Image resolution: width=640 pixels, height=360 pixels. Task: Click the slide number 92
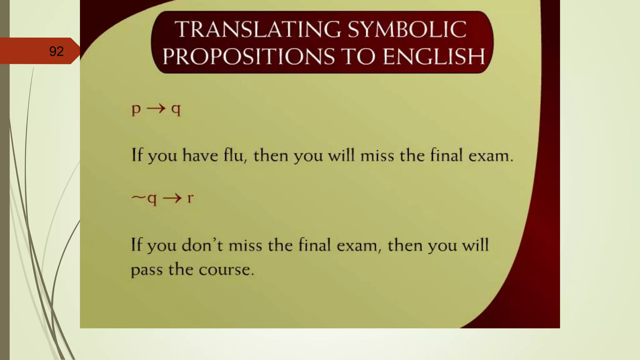tap(56, 51)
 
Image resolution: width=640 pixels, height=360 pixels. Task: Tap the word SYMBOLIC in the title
tap(407, 29)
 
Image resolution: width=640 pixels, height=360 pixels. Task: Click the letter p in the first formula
tap(136, 109)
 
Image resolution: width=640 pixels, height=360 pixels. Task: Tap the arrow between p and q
tap(156, 109)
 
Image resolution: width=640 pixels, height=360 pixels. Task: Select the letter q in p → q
tap(176, 109)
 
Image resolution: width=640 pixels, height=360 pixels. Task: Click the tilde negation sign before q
tap(138, 197)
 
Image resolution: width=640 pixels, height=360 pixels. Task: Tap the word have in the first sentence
tap(200, 155)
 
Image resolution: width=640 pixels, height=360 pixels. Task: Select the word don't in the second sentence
tap(202, 245)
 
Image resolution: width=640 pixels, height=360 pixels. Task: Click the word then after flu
tap(271, 155)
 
